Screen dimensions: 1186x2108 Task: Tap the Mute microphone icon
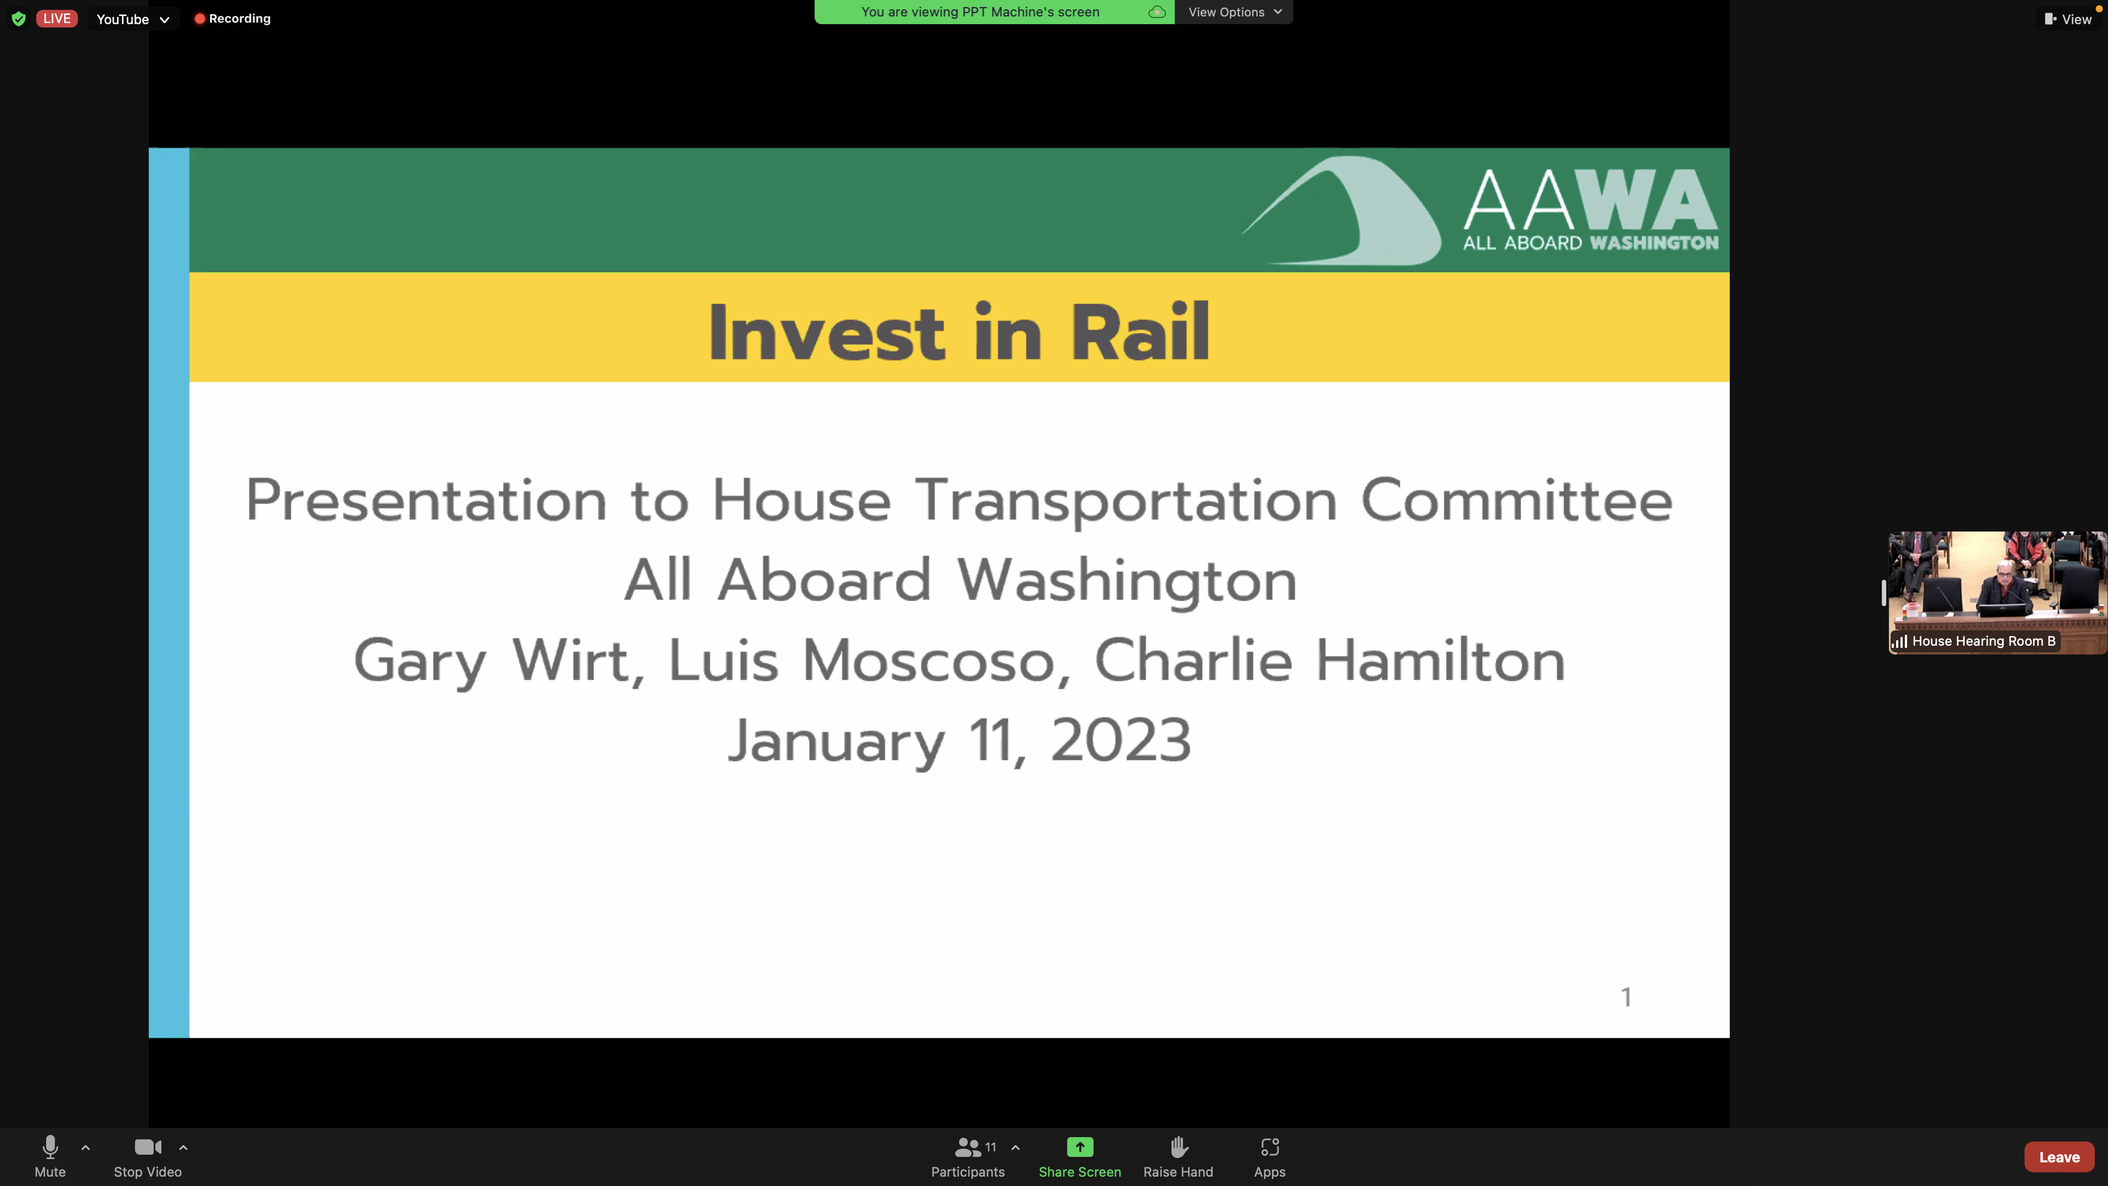pos(50,1146)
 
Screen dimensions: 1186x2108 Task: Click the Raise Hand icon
pos(1179,1146)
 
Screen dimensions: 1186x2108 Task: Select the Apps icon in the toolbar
pos(1269,1146)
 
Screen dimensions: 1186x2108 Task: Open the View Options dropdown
pos(1234,12)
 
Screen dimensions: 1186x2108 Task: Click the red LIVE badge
pos(57,19)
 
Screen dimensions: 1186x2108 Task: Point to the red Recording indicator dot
pos(199,19)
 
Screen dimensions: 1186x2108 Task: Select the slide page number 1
pos(1626,997)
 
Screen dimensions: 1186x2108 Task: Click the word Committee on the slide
pos(1516,500)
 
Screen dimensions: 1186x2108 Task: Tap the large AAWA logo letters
pos(1590,200)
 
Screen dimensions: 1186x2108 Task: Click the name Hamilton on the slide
pos(1440,661)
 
